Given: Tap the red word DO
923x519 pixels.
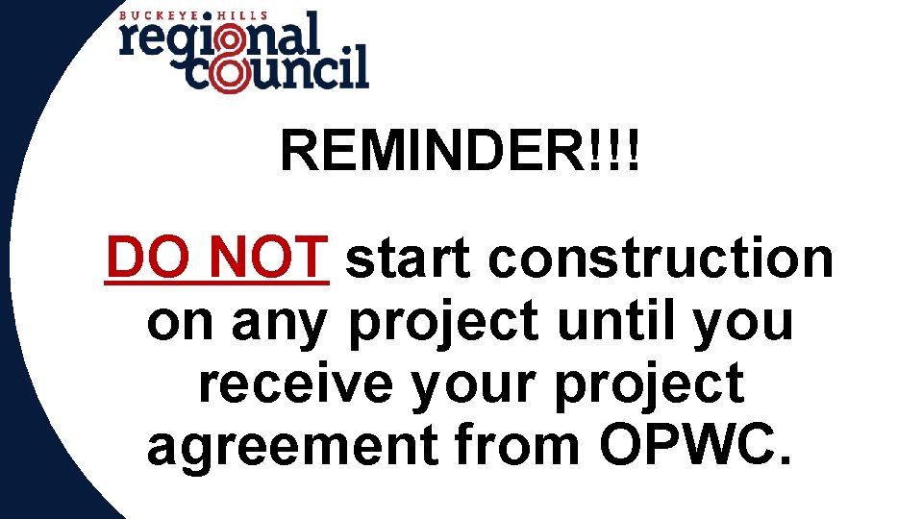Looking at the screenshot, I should point(138,258).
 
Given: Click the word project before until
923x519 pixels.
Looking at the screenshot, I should point(443,324).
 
